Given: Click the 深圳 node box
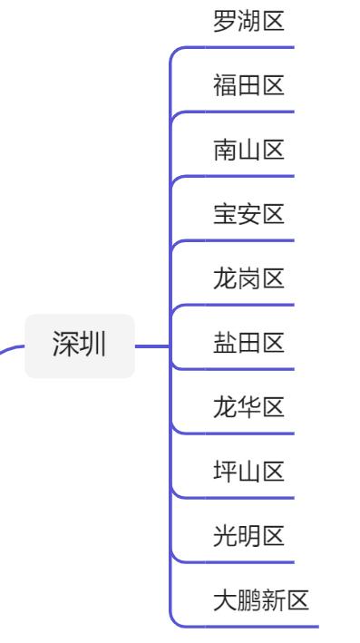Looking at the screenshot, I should (80, 346).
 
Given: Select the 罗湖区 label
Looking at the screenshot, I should (248, 21).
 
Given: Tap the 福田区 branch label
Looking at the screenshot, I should (248, 86).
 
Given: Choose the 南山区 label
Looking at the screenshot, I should (248, 151).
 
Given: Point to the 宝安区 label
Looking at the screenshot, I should (248, 215).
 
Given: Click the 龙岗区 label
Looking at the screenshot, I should (248, 279).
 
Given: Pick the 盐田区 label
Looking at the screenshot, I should (248, 344).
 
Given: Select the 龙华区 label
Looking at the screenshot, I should (248, 408).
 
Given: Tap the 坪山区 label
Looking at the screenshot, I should (248, 472).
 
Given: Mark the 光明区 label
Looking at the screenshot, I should (248, 536).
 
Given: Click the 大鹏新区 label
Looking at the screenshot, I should (261, 600).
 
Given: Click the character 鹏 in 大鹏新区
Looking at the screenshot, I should (248, 600).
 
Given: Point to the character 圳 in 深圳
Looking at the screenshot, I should (92, 346).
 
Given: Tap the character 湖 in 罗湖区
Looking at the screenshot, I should (248, 21).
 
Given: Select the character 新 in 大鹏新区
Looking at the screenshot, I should (273, 600).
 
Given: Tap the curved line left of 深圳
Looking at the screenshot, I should (11, 349).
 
